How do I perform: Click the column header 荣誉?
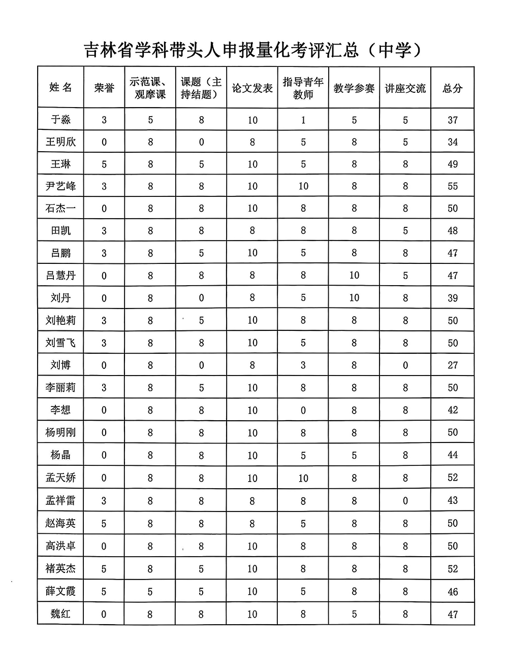point(104,88)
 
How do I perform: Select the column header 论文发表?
point(252,88)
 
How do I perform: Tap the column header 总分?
point(452,88)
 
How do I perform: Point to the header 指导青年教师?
point(303,88)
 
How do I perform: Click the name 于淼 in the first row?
point(61,120)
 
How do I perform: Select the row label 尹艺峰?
point(61,186)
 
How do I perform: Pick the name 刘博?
point(61,365)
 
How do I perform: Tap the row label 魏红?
point(61,614)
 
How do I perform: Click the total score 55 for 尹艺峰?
point(453,186)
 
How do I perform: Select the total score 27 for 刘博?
point(453,365)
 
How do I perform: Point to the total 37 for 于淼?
point(453,120)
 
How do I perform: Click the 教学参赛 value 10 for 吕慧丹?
point(354,275)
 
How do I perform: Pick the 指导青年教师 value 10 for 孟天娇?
point(303,478)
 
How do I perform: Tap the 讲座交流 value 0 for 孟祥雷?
point(405,500)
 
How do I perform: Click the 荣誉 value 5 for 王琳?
point(104,164)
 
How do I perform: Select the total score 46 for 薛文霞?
point(453,591)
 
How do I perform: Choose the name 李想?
point(61,410)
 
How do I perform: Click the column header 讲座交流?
point(405,88)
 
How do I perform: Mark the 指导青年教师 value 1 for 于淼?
point(303,120)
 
